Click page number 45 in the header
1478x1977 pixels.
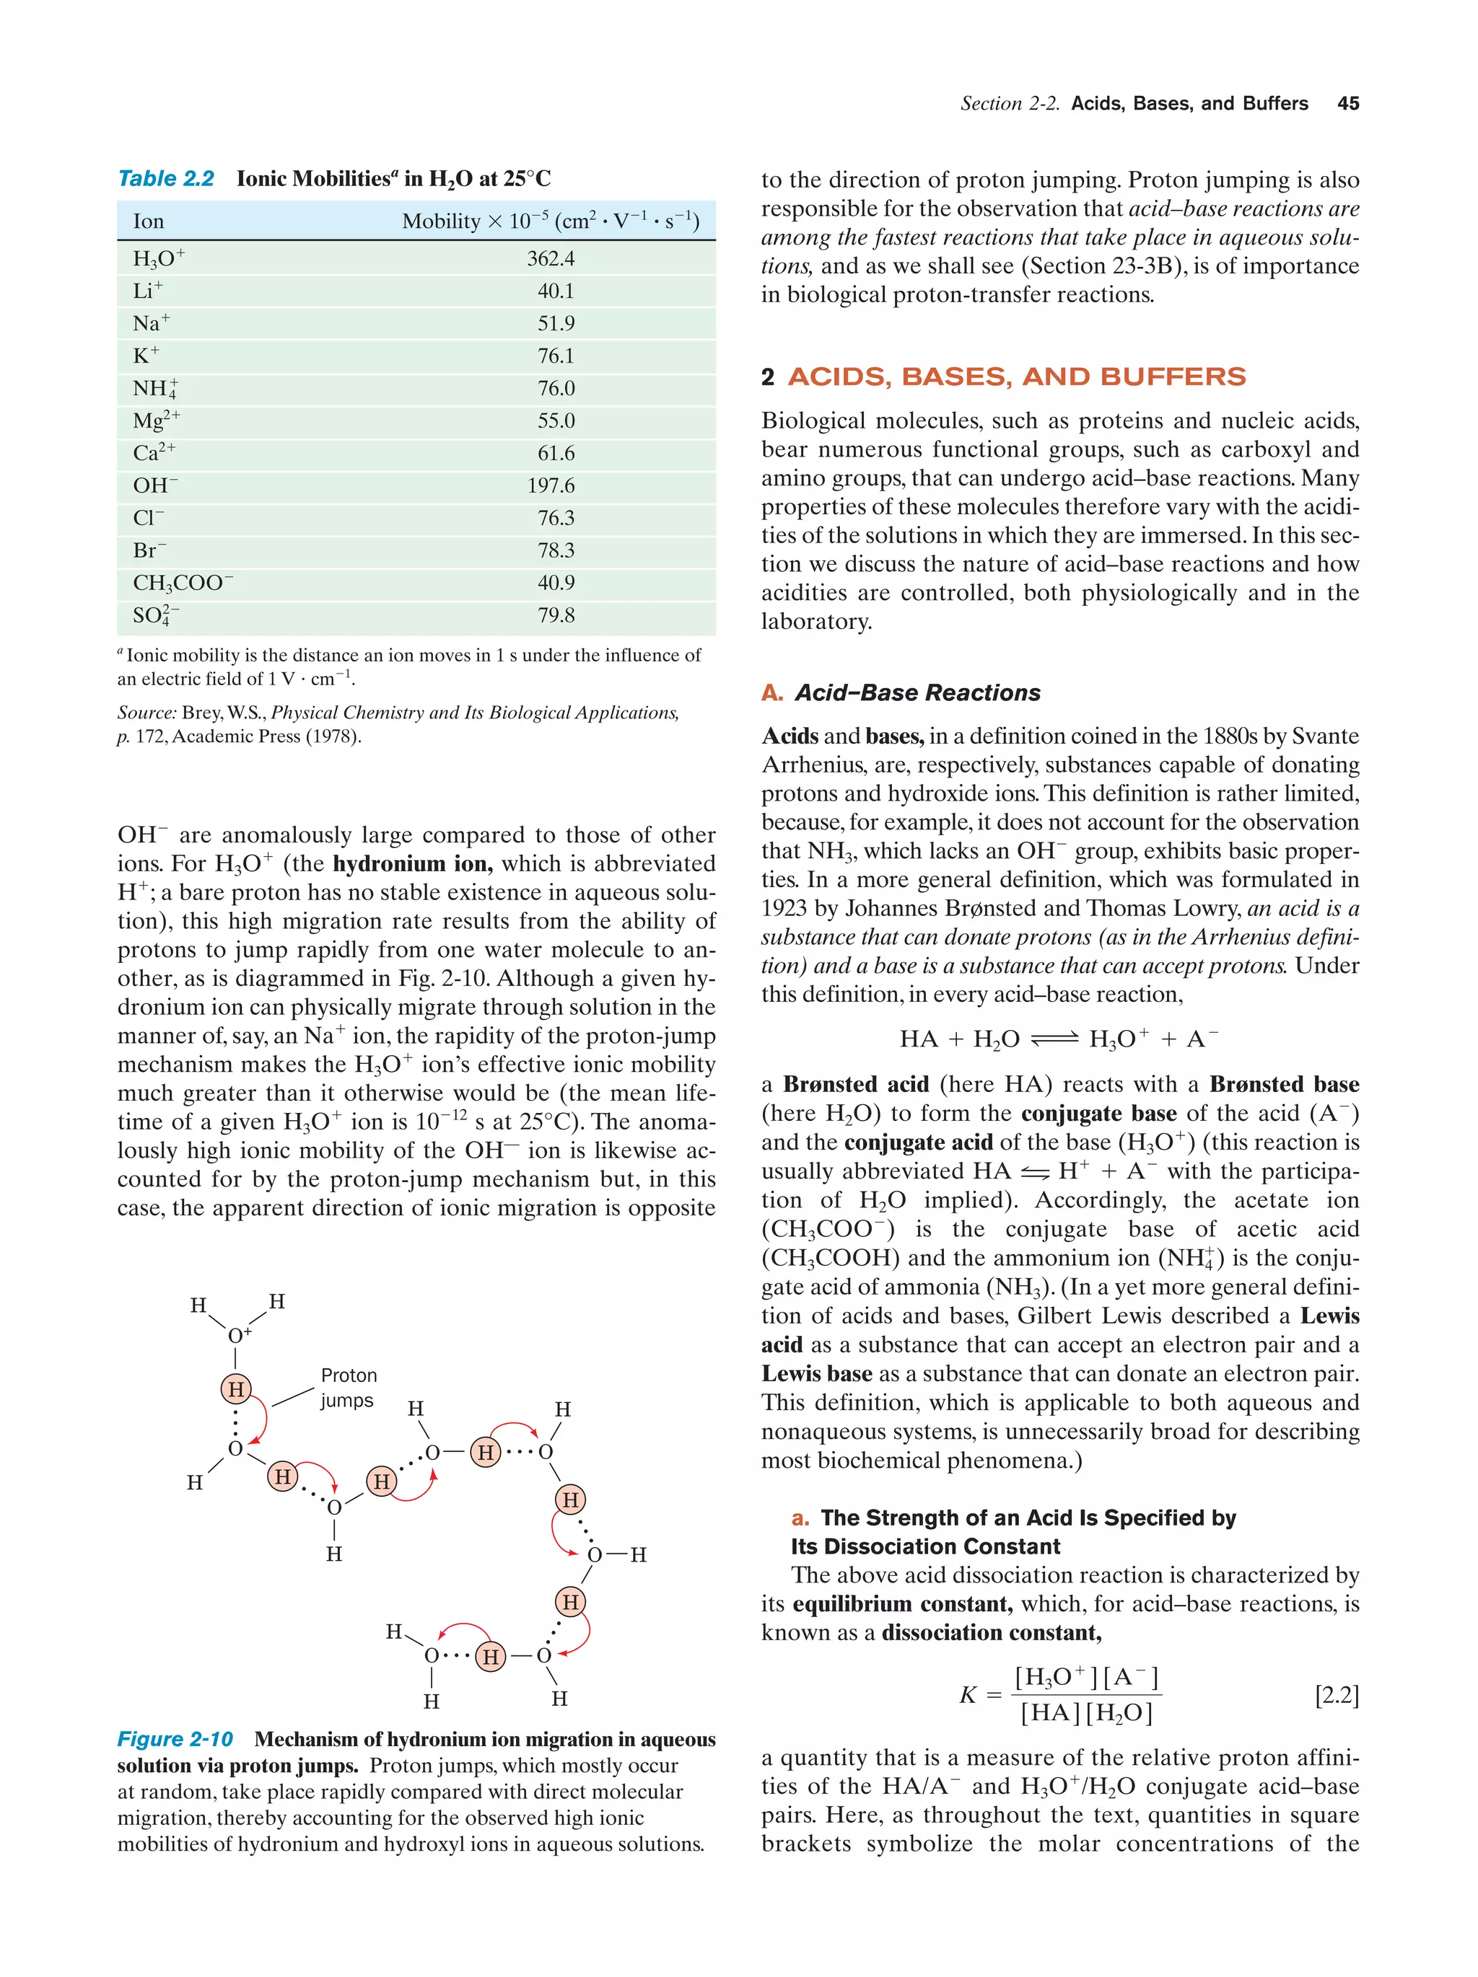click(x=1347, y=104)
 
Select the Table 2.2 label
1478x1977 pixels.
click(x=166, y=179)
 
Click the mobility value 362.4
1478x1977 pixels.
click(x=551, y=258)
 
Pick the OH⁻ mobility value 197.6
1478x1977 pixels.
click(x=551, y=485)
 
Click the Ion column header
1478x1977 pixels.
click(x=149, y=221)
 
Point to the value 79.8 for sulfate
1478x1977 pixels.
click(x=555, y=615)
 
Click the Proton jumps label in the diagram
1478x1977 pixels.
click(x=348, y=1387)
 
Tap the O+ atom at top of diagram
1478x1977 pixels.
click(x=239, y=1335)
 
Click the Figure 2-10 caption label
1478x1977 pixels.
click(x=175, y=1738)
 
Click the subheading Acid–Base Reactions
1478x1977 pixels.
click(x=917, y=692)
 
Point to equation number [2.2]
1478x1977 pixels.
click(x=1336, y=1694)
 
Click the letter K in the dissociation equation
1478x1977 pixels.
click(x=968, y=1694)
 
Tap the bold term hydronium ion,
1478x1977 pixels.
click(x=412, y=863)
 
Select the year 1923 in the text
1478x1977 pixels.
click(x=784, y=908)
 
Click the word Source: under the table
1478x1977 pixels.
click(x=147, y=713)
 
